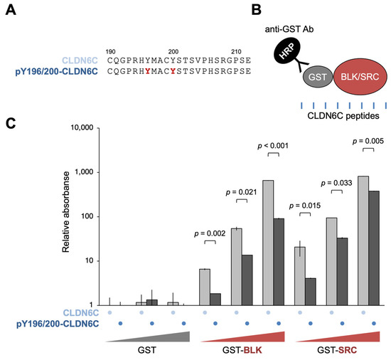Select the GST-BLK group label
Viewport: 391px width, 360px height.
coord(242,351)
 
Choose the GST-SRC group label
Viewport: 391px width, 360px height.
coord(336,351)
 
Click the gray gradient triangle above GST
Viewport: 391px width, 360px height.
coord(164,337)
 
